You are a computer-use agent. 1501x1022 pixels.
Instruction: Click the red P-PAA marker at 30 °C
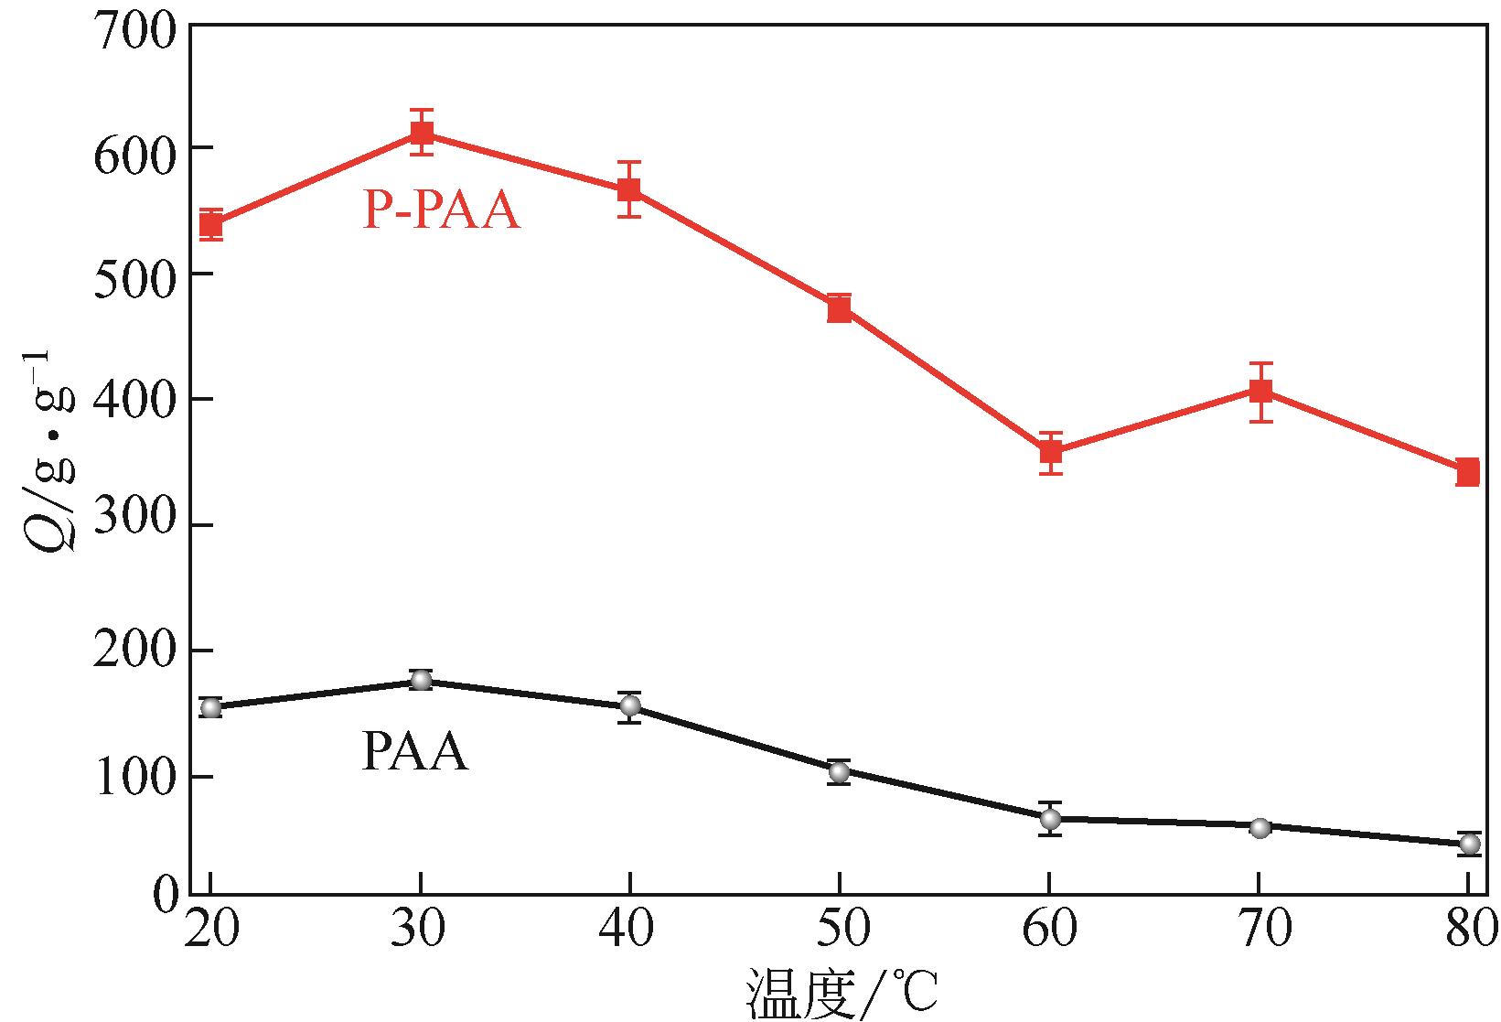421,134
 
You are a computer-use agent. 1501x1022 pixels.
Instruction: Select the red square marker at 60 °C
1050,452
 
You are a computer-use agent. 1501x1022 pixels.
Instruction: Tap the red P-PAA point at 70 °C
1260,392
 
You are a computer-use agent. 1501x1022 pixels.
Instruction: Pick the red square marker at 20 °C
211,224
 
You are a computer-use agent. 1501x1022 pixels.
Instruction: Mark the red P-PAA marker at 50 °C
840,310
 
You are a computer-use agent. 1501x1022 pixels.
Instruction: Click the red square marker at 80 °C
1467,473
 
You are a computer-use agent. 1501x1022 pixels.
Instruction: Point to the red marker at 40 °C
629,190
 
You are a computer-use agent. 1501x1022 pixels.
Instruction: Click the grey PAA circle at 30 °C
421,680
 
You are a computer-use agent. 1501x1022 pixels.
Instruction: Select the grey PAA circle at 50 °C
840,772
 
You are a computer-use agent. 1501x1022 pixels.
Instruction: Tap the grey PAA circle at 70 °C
1260,828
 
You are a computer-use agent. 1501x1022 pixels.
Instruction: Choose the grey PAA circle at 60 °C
1050,819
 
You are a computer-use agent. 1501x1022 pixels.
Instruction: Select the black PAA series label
414,753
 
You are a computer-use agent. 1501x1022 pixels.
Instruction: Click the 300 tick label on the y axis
134,522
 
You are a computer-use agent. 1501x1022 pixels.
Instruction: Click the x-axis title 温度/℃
842,994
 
